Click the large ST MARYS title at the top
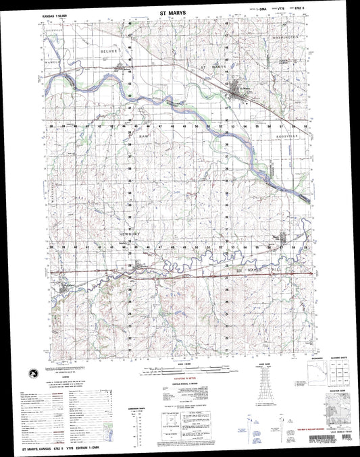[179, 12]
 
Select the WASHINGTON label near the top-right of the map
[286, 36]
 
